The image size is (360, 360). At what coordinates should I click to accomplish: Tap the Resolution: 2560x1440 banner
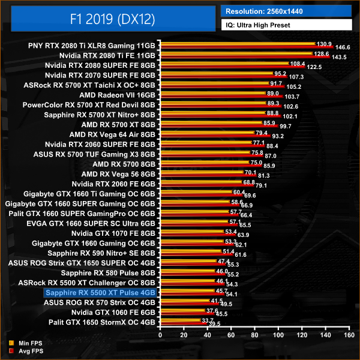(286, 11)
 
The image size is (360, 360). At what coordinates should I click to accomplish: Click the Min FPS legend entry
(21, 343)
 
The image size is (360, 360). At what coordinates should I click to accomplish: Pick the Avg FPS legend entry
(21, 350)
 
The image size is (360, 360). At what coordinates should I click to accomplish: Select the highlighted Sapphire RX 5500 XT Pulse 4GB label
(100, 292)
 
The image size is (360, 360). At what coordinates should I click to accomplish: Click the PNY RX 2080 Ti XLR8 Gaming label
(92, 45)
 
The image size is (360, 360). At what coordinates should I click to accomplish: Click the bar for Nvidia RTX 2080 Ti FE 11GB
(240, 55)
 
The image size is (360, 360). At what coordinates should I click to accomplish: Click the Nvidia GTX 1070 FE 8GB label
(113, 233)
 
